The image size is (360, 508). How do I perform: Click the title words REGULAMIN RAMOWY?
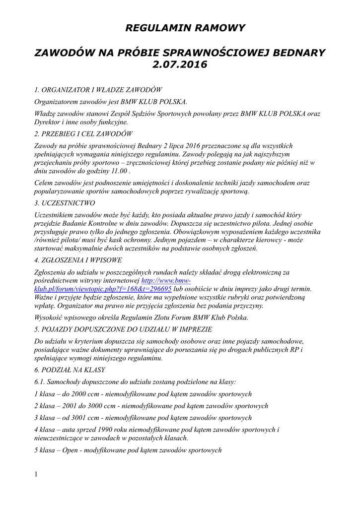click(x=185, y=28)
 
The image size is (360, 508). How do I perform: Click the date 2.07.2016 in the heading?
click(x=180, y=64)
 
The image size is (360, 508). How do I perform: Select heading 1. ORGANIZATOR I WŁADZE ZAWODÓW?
click(x=98, y=90)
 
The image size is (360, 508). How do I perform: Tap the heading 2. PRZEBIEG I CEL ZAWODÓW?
click(x=83, y=134)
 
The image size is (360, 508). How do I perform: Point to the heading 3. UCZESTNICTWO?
click(x=65, y=203)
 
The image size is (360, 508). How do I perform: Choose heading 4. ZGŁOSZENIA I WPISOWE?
click(x=78, y=260)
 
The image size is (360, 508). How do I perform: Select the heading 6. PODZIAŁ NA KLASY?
click(x=70, y=370)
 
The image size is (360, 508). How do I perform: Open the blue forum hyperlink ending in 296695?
click(x=103, y=289)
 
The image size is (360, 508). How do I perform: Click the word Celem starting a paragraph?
click(x=44, y=183)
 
